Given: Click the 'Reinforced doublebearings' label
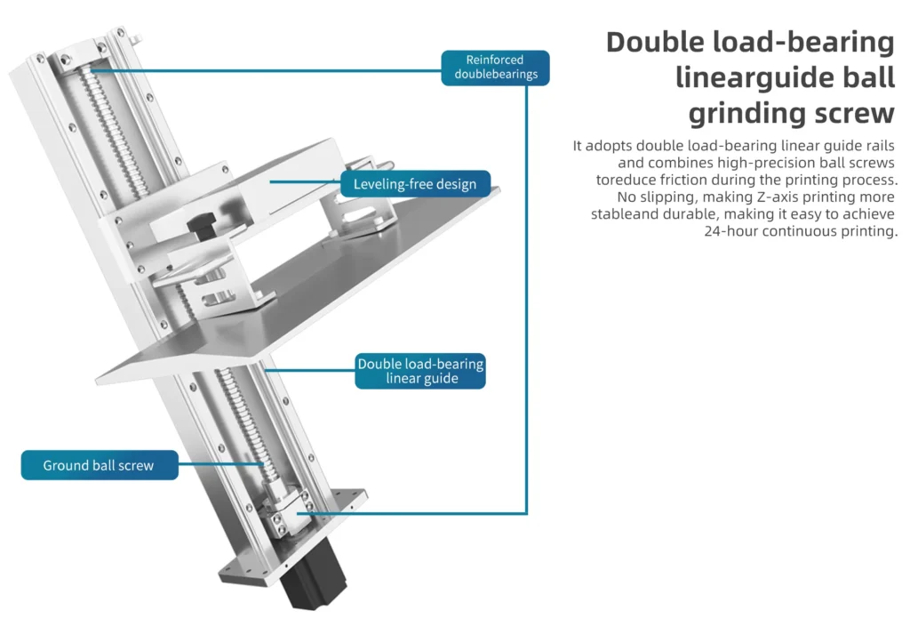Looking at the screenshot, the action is (x=495, y=68).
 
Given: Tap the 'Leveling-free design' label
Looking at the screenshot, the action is (x=415, y=184).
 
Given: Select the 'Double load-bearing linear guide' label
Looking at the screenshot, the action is (x=420, y=371).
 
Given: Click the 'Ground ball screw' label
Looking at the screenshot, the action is (x=100, y=465).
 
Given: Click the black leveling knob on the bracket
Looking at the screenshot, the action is (x=202, y=226).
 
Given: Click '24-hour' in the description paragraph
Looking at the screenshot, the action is (x=730, y=231).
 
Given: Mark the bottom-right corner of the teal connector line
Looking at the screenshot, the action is (x=526, y=513).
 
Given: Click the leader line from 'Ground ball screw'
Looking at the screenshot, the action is (x=221, y=464).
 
